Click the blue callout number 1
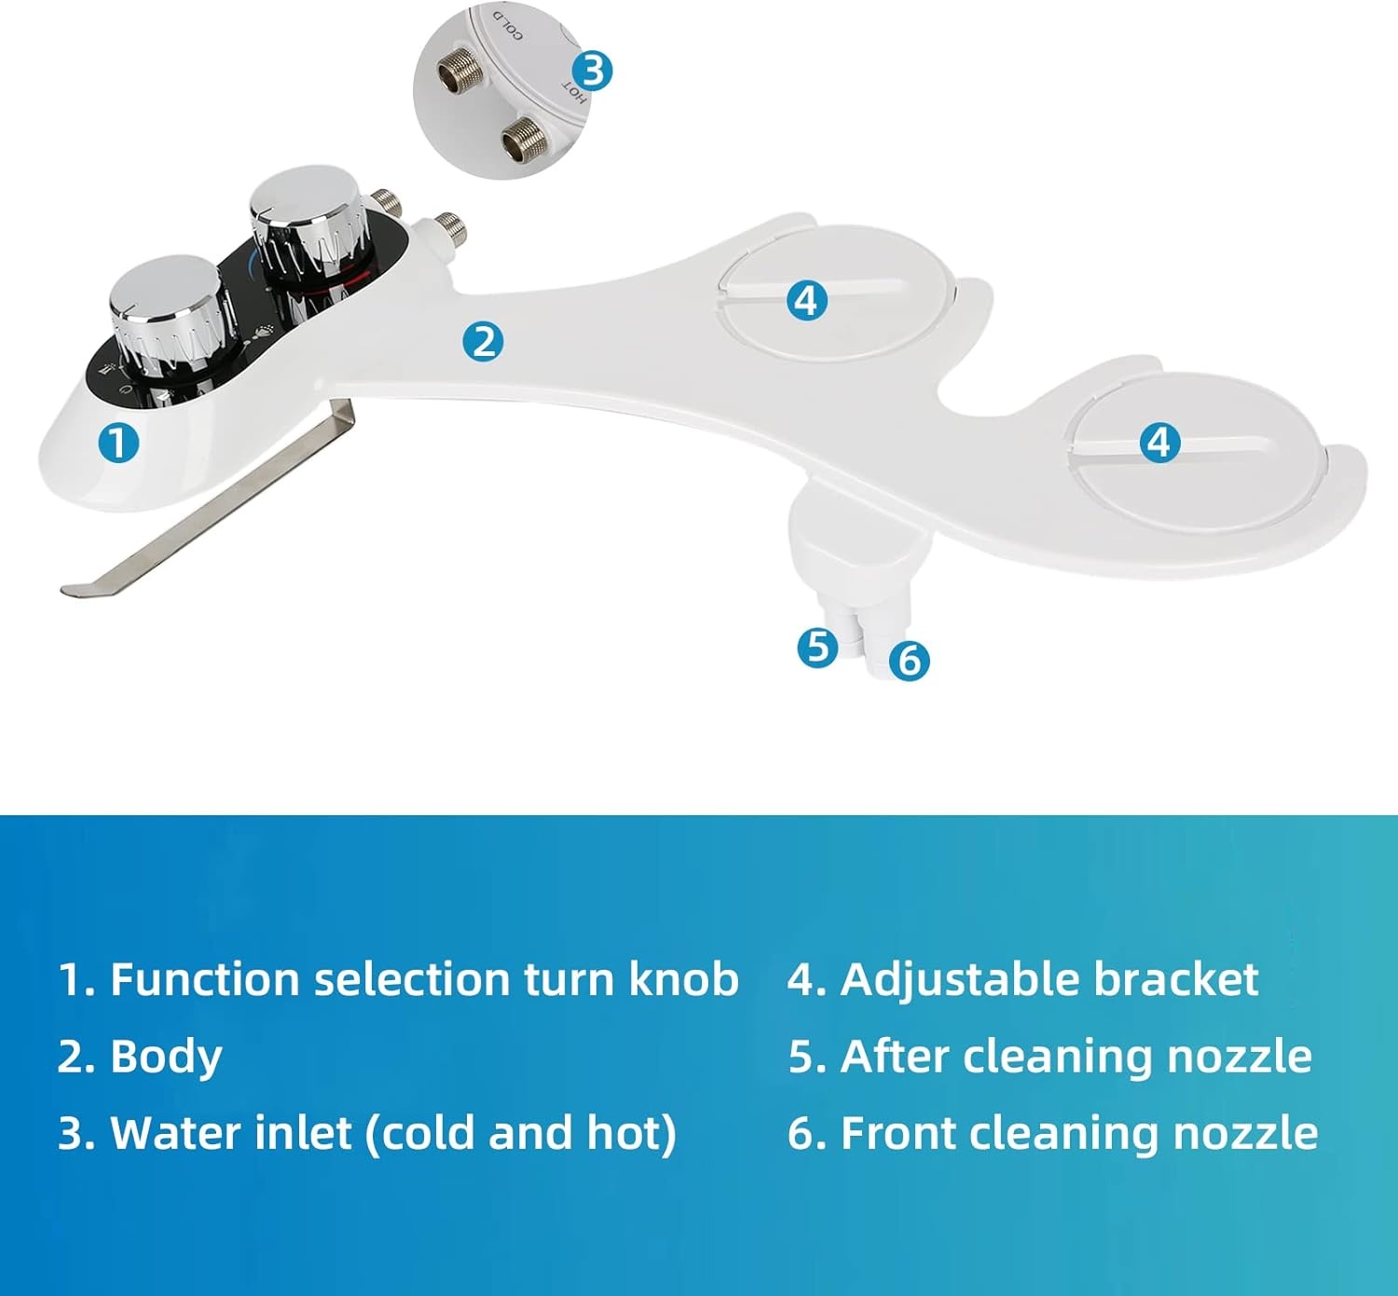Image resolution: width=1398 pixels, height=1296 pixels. coord(118,443)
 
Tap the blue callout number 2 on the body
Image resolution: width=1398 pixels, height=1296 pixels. coord(483,342)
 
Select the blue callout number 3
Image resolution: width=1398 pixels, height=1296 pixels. coord(592,71)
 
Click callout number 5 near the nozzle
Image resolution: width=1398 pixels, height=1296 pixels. coord(817,647)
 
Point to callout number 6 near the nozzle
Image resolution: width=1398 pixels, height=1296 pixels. coord(910,661)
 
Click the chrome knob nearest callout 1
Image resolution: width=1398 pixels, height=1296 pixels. coord(166,307)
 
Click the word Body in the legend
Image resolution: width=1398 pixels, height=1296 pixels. coord(166,1057)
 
